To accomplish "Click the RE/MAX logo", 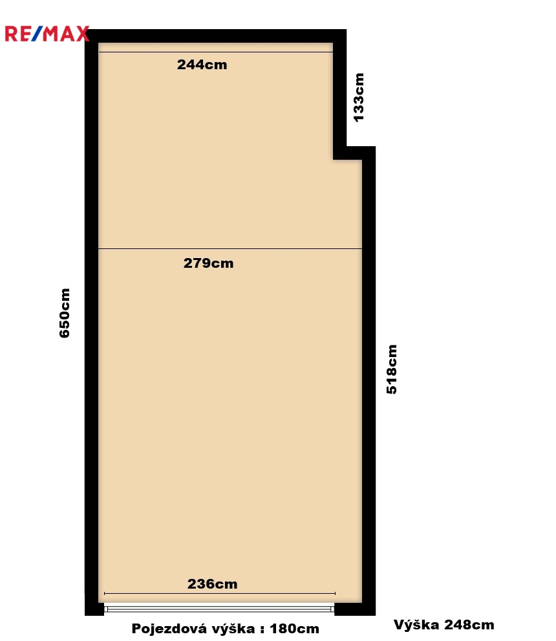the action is click(47, 34).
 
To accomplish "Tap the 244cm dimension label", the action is click(202, 65).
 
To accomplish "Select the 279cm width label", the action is click(208, 263).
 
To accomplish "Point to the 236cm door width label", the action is click(213, 584).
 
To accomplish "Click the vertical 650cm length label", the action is click(65, 313).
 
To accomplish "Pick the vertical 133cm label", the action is click(358, 97).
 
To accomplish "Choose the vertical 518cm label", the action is click(391, 369).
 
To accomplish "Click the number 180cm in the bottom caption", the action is click(295, 628).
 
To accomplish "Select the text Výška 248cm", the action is click(444, 625).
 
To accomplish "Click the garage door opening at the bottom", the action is click(219, 609).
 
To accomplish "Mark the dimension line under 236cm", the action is click(220, 593).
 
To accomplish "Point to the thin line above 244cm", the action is click(216, 52).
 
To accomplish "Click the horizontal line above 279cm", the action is click(230, 248).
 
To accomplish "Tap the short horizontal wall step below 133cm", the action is click(354, 153).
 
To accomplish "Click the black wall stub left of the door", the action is click(94, 609).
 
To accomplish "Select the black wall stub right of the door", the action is click(354, 609).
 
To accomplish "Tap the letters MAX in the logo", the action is click(67, 34).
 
